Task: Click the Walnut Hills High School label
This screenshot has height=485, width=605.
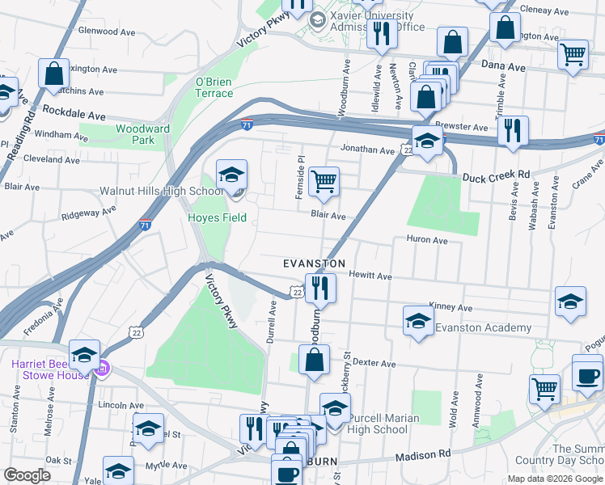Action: tap(160, 192)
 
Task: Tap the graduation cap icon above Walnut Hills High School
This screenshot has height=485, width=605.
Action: tap(232, 175)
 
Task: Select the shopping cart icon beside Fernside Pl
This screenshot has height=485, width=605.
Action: tap(324, 182)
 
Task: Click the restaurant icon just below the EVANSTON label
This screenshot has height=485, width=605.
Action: tap(320, 288)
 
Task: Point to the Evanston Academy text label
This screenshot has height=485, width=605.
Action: tap(483, 327)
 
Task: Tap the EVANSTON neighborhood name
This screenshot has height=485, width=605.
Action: tap(315, 264)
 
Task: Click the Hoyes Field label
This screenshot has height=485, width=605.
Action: tap(218, 217)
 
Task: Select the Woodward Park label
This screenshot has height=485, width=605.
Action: tap(142, 134)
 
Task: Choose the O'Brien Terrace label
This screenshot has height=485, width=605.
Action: tap(214, 87)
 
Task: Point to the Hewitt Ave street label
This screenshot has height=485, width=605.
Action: tap(370, 276)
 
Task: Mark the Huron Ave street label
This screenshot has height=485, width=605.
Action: tap(426, 240)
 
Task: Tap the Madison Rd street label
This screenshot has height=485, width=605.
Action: tap(423, 457)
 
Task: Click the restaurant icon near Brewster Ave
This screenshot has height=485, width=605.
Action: tap(513, 130)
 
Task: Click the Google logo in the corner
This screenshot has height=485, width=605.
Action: tap(27, 475)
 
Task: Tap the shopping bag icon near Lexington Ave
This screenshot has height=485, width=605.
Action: tap(53, 74)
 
